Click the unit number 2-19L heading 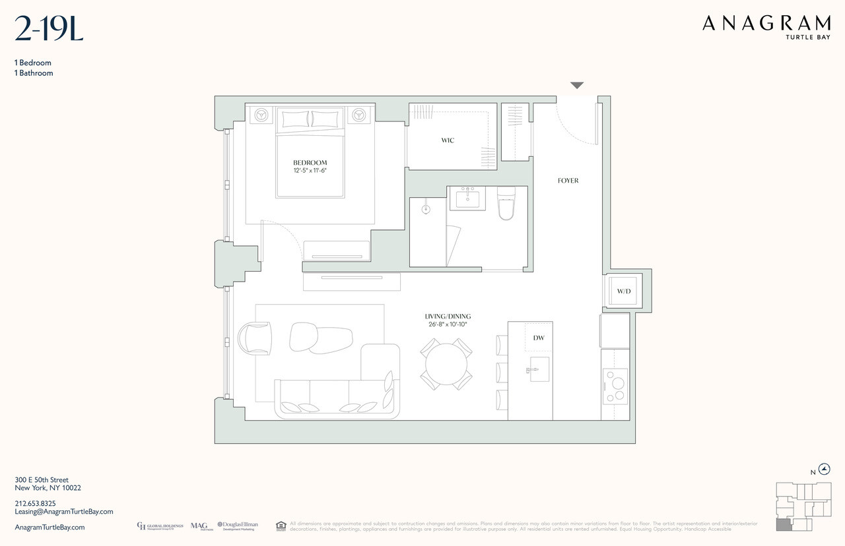pyautogui.click(x=49, y=28)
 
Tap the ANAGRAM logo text pyautogui.click(x=766, y=23)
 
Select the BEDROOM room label pyautogui.click(x=310, y=163)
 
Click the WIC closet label pyautogui.click(x=448, y=140)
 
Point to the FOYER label pyautogui.click(x=568, y=181)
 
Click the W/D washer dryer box pyautogui.click(x=624, y=291)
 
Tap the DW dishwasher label pyautogui.click(x=538, y=338)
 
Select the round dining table pyautogui.click(x=446, y=363)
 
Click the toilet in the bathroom pyautogui.click(x=506, y=204)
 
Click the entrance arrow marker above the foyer pyautogui.click(x=577, y=85)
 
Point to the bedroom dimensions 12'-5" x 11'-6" pyautogui.click(x=310, y=171)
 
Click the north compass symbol pyautogui.click(x=824, y=470)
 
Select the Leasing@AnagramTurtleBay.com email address pyautogui.click(x=64, y=512)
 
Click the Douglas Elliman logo pyautogui.click(x=238, y=526)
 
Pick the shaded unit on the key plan pyautogui.click(x=783, y=525)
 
